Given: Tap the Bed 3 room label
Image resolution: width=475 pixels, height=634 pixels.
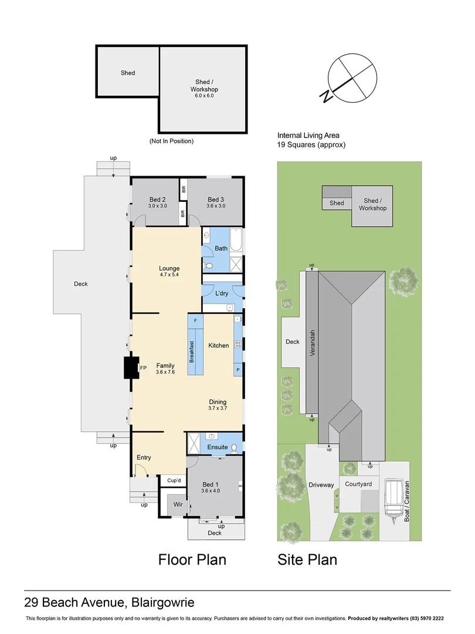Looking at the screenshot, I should (x=216, y=200).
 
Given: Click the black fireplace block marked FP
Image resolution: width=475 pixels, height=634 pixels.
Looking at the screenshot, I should (x=130, y=368).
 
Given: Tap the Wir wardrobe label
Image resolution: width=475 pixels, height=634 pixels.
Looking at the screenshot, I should (x=178, y=504).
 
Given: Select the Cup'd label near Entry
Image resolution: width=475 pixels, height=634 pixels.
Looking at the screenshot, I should (x=174, y=481).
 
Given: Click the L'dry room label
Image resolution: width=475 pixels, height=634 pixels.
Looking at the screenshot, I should (x=222, y=293).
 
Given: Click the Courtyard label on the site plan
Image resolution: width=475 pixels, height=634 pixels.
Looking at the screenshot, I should (x=358, y=484).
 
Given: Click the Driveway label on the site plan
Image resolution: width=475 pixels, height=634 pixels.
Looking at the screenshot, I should (x=321, y=485).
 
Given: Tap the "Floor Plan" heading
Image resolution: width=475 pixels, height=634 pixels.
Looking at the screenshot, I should (x=192, y=559).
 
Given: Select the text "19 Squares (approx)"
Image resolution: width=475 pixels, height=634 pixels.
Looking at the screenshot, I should (x=311, y=144).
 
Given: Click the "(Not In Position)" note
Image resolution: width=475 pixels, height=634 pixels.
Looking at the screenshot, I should (x=171, y=141).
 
